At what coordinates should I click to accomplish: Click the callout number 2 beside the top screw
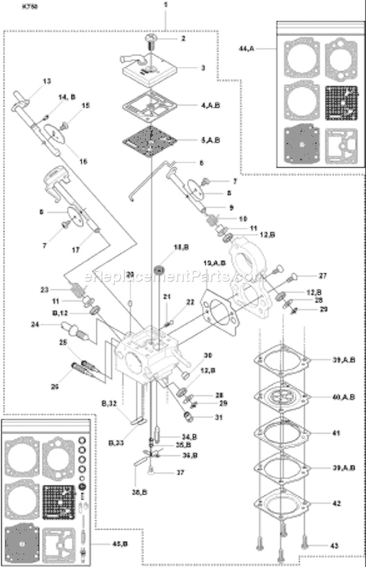[183, 38]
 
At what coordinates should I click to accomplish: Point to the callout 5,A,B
[210, 139]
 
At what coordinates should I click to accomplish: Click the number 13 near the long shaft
[46, 81]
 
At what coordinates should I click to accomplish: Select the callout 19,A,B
[214, 263]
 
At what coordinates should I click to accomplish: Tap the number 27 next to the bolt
[323, 275]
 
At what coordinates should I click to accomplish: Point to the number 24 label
[49, 323]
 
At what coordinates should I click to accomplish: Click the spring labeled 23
[76, 291]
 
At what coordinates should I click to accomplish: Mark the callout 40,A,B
[344, 397]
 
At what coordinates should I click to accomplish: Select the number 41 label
[336, 433]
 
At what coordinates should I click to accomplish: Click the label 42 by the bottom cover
[336, 503]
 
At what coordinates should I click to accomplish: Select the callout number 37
[181, 472]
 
